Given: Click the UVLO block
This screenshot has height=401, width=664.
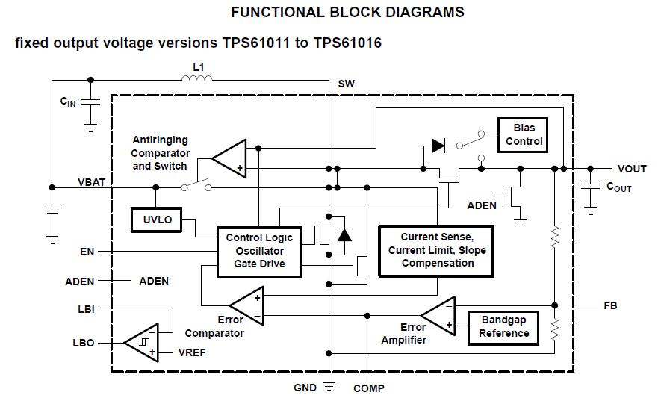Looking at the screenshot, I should pyautogui.click(x=156, y=219).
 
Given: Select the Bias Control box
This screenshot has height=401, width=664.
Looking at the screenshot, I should pyautogui.click(x=524, y=134).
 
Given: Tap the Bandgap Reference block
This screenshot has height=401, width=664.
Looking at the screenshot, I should pyautogui.click(x=503, y=326).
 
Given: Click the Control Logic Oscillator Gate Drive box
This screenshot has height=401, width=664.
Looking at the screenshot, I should pyautogui.click(x=260, y=251).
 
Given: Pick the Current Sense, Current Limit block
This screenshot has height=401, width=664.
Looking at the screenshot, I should pyautogui.click(x=436, y=250).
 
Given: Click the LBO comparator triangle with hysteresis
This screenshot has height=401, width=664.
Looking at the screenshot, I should pyautogui.click(x=141, y=343).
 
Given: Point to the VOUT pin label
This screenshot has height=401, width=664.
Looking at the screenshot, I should pyautogui.click(x=632, y=169).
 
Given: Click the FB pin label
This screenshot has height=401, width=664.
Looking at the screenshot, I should pyautogui.click(x=611, y=305).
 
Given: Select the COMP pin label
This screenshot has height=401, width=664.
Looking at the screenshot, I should pyautogui.click(x=368, y=388).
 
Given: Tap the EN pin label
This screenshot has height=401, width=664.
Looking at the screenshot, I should pyautogui.click(x=87, y=252).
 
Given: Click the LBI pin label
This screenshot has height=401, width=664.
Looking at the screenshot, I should pyautogui.click(x=86, y=308).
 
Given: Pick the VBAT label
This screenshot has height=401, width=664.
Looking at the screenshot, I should pyautogui.click(x=93, y=182).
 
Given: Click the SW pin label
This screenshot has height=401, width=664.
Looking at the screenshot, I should pyautogui.click(x=347, y=84).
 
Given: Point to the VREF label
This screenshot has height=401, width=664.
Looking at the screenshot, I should pyautogui.click(x=192, y=352).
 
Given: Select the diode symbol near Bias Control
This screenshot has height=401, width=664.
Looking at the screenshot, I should pyautogui.click(x=439, y=146).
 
